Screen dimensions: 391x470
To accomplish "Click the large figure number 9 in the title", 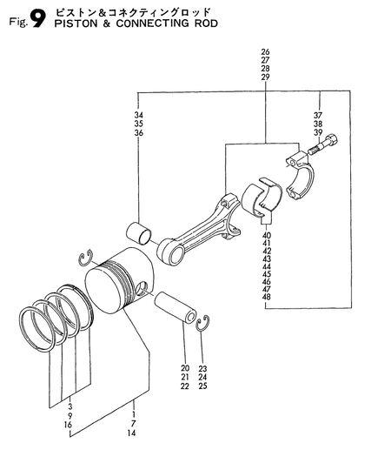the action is click(x=38, y=19).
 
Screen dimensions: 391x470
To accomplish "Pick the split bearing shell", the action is click(x=262, y=198).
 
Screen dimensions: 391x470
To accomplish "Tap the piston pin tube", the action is click(x=176, y=307).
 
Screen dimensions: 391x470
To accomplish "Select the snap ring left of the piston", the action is click(x=86, y=257).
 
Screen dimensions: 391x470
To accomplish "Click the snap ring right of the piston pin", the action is click(x=203, y=324).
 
